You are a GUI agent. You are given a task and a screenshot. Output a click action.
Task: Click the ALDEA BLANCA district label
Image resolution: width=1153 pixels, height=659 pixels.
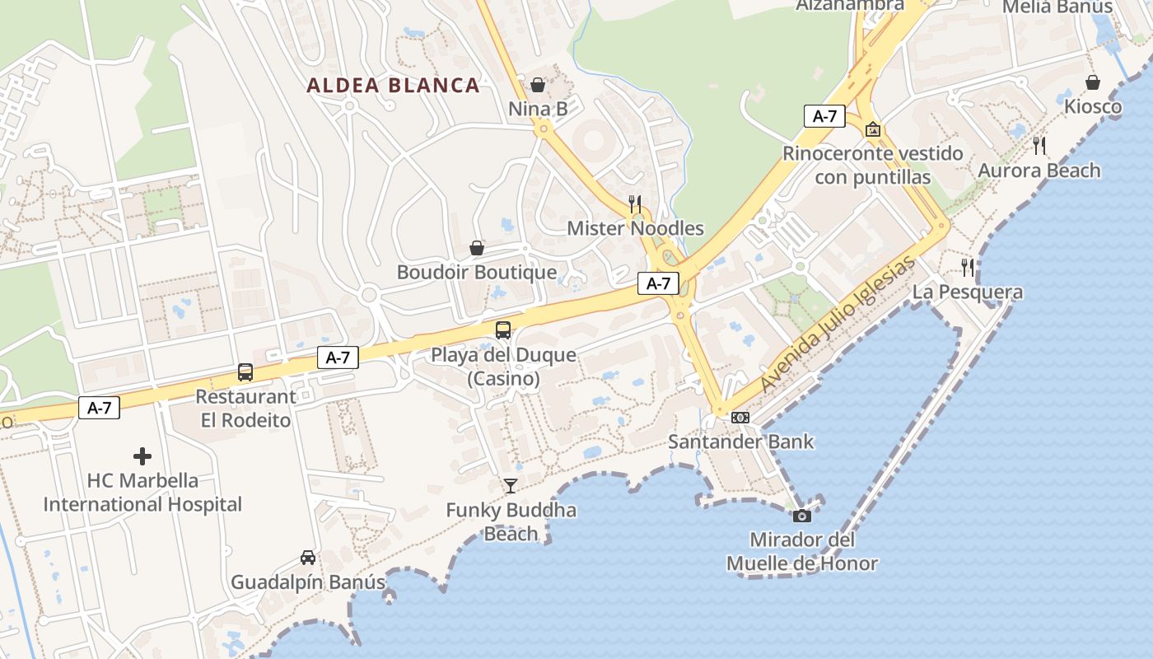pos(393,85)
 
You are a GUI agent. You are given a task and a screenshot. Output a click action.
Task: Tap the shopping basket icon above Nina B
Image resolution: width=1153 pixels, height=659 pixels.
pos(538,84)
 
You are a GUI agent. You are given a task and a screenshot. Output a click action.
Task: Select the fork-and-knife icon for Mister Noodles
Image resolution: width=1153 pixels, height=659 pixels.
pos(635,203)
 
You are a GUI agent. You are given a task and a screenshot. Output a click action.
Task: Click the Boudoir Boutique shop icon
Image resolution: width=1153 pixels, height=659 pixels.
pos(476,248)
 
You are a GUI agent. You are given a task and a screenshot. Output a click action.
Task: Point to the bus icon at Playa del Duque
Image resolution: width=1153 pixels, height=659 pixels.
pos(502,330)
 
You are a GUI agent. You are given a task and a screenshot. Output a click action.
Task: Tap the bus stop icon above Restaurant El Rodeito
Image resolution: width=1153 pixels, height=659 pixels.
pos(245,372)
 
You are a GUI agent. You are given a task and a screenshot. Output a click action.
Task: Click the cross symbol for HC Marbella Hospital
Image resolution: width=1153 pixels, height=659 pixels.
pos(142,456)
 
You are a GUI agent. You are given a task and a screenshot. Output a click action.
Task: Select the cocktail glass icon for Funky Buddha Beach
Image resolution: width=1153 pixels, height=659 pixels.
pos(511,485)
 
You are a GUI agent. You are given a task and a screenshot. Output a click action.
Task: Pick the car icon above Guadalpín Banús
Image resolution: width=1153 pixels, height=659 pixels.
pos(308,558)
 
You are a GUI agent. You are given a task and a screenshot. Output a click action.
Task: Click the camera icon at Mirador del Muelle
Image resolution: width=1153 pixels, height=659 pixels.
pos(801,516)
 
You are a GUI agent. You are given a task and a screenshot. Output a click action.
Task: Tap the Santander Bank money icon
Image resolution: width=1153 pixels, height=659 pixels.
pos(740,418)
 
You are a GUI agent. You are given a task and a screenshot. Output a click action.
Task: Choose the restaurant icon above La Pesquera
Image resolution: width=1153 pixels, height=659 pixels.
pos(968,267)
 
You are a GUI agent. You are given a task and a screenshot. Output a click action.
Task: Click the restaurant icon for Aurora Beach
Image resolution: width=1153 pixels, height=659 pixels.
pos(1039,146)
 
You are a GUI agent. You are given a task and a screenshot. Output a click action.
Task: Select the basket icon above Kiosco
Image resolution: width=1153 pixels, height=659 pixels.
pos(1093,82)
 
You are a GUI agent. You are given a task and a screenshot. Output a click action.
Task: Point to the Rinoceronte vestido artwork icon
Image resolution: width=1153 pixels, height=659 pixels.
pos(873,129)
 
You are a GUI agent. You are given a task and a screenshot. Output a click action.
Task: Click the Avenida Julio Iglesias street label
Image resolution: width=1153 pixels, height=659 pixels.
pos(837,325)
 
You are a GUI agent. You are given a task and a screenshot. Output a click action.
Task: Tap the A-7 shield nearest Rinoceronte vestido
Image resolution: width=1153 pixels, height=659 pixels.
pos(824,116)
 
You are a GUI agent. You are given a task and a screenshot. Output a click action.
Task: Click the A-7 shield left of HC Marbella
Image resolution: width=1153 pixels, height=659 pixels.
pos(99,407)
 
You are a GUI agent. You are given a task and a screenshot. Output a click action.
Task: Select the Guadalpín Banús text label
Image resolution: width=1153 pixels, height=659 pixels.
pos(308,582)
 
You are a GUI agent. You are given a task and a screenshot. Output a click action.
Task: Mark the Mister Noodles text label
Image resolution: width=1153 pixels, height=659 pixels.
pos(635,228)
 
